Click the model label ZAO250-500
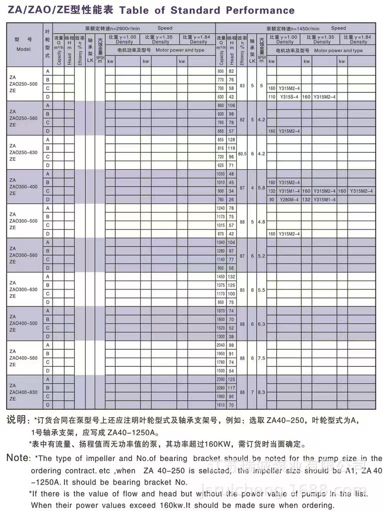click(22, 84)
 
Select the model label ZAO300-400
click(22, 186)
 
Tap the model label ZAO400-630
click(23, 392)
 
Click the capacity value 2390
click(221, 380)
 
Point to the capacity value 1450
click(221, 277)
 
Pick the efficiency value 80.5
click(242, 153)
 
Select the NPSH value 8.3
click(262, 392)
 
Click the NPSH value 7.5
click(262, 358)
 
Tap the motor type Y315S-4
click(289, 97)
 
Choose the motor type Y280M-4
click(289, 199)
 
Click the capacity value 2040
click(221, 345)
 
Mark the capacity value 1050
click(221, 174)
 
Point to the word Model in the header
click(23, 49)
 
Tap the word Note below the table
click(18, 458)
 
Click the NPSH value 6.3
click(262, 323)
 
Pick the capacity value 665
click(221, 131)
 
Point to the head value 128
click(231, 140)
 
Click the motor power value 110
click(272, 97)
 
